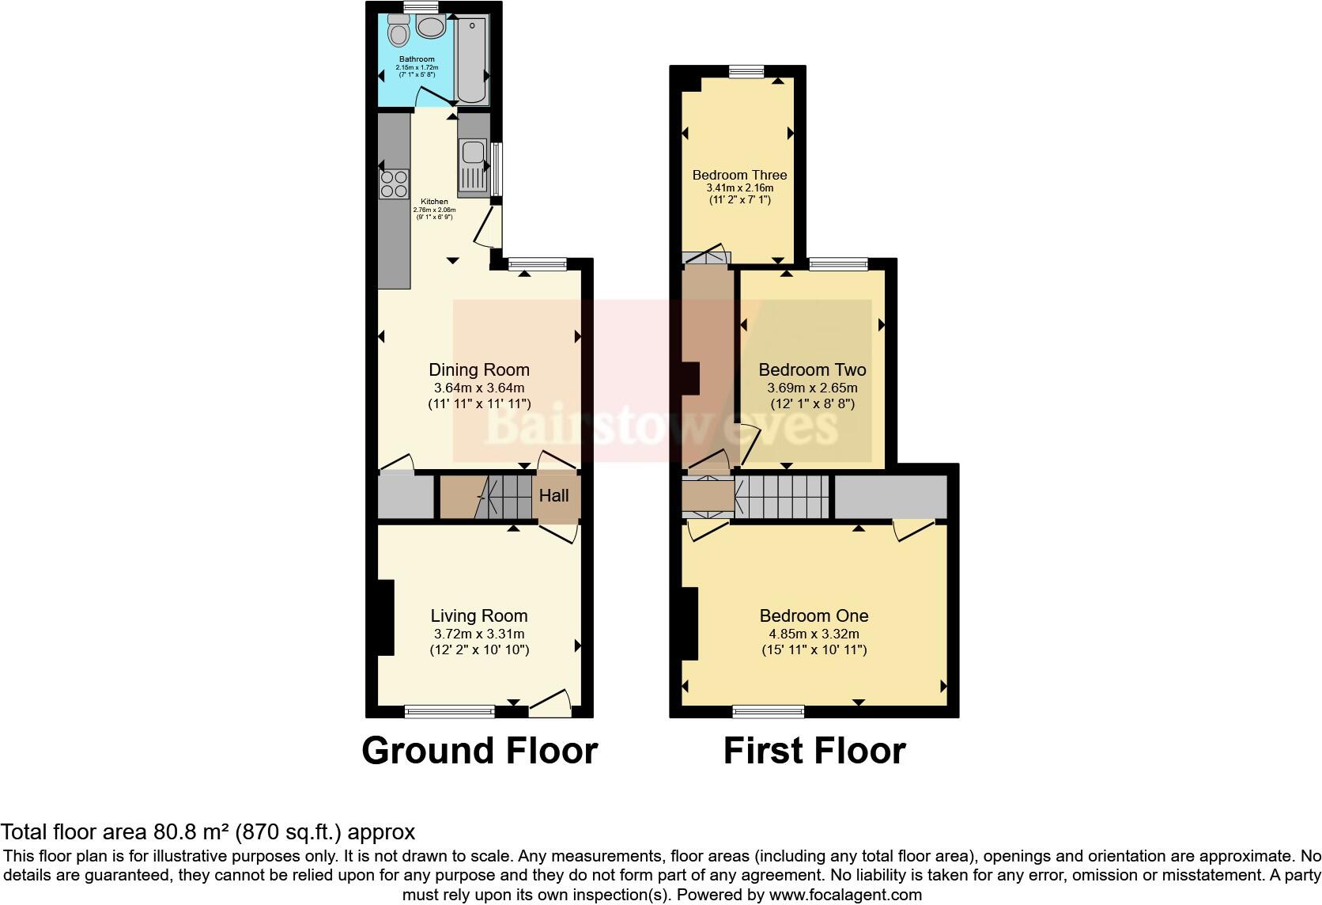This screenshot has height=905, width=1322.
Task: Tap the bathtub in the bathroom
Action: click(x=472, y=59)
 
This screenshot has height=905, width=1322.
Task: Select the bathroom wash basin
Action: click(x=431, y=28)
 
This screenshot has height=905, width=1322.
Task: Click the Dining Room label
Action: click(x=479, y=369)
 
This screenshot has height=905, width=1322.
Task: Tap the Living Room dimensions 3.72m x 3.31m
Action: click(x=479, y=634)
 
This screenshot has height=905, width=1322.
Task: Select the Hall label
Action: click(x=553, y=496)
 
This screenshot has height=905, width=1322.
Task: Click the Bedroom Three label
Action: click(x=739, y=175)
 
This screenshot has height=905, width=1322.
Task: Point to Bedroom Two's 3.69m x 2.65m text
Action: click(x=812, y=388)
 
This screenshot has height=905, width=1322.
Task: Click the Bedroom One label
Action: click(x=814, y=615)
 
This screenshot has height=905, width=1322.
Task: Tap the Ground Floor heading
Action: click(x=479, y=750)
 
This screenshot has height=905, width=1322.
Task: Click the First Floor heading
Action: click(x=814, y=750)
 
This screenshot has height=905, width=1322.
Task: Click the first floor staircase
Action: click(x=783, y=496)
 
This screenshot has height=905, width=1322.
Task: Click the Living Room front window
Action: click(x=449, y=712)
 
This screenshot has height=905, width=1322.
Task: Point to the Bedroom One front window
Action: click(x=769, y=712)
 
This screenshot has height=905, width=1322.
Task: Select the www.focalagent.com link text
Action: click(x=844, y=896)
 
